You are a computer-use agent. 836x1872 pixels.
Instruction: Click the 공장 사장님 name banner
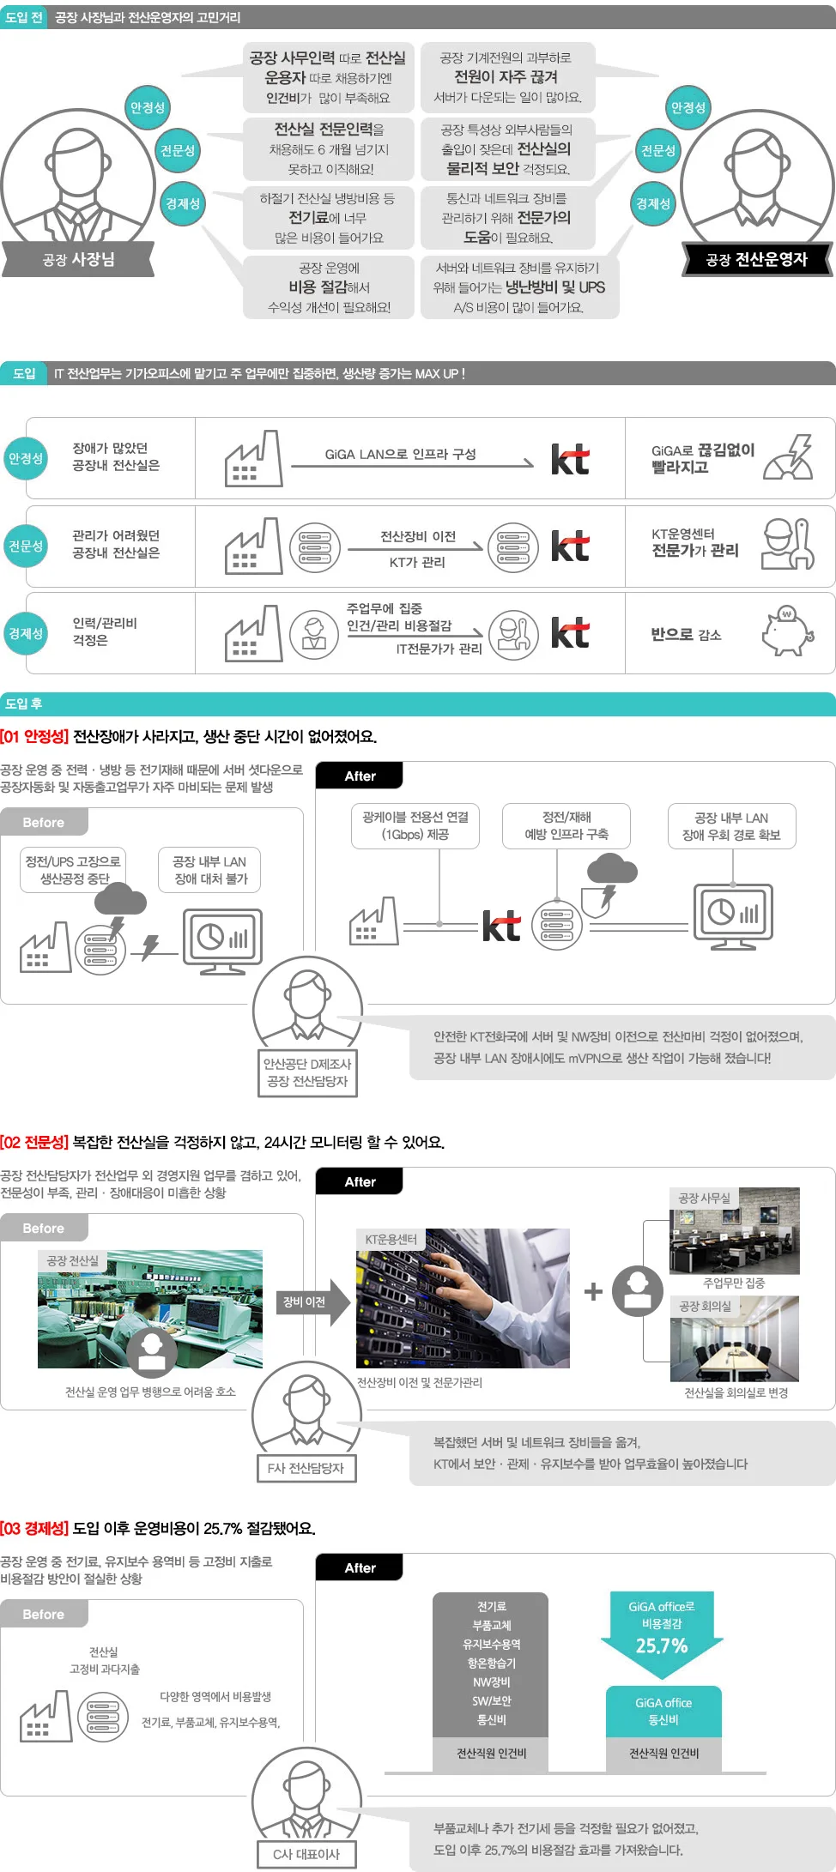78,259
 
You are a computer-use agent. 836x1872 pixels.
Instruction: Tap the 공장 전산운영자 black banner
757,259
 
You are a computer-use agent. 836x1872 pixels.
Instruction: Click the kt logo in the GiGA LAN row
570,459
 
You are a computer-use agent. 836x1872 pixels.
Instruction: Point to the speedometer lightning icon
789,456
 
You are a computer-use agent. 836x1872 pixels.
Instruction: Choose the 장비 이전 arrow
313,1302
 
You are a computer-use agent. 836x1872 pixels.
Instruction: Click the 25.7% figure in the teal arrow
662,1646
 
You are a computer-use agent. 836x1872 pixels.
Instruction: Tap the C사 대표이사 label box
306,1854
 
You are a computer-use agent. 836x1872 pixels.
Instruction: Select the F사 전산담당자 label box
306,1468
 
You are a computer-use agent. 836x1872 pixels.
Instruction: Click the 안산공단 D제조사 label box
307,1072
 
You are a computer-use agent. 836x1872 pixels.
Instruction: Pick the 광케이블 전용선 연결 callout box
415,826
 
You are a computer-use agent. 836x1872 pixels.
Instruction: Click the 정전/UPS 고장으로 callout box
74,870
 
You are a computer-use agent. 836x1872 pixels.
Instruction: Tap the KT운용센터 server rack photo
463,1298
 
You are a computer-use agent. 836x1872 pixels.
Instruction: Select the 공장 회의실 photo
735,1338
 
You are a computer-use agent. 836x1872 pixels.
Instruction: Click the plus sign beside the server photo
593,1291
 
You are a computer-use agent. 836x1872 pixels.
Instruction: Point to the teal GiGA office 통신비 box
663,1712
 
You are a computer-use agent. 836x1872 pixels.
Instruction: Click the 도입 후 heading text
23,704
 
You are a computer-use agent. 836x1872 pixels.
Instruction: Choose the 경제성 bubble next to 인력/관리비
26,633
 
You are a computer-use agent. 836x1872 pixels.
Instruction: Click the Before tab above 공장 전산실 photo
44,1228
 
